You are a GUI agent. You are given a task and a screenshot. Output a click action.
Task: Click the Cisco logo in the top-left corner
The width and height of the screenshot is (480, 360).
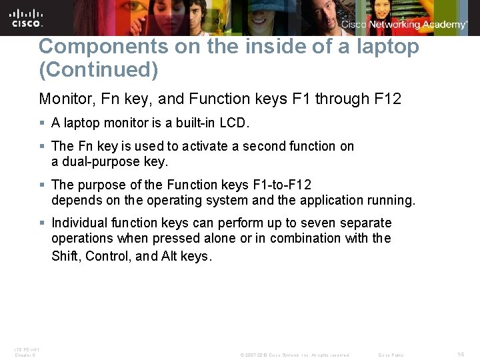tap(27, 17)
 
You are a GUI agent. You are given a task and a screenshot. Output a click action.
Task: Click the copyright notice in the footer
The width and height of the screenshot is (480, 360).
tap(295, 355)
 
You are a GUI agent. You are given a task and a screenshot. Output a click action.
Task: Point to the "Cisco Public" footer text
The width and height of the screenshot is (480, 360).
tap(391, 355)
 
